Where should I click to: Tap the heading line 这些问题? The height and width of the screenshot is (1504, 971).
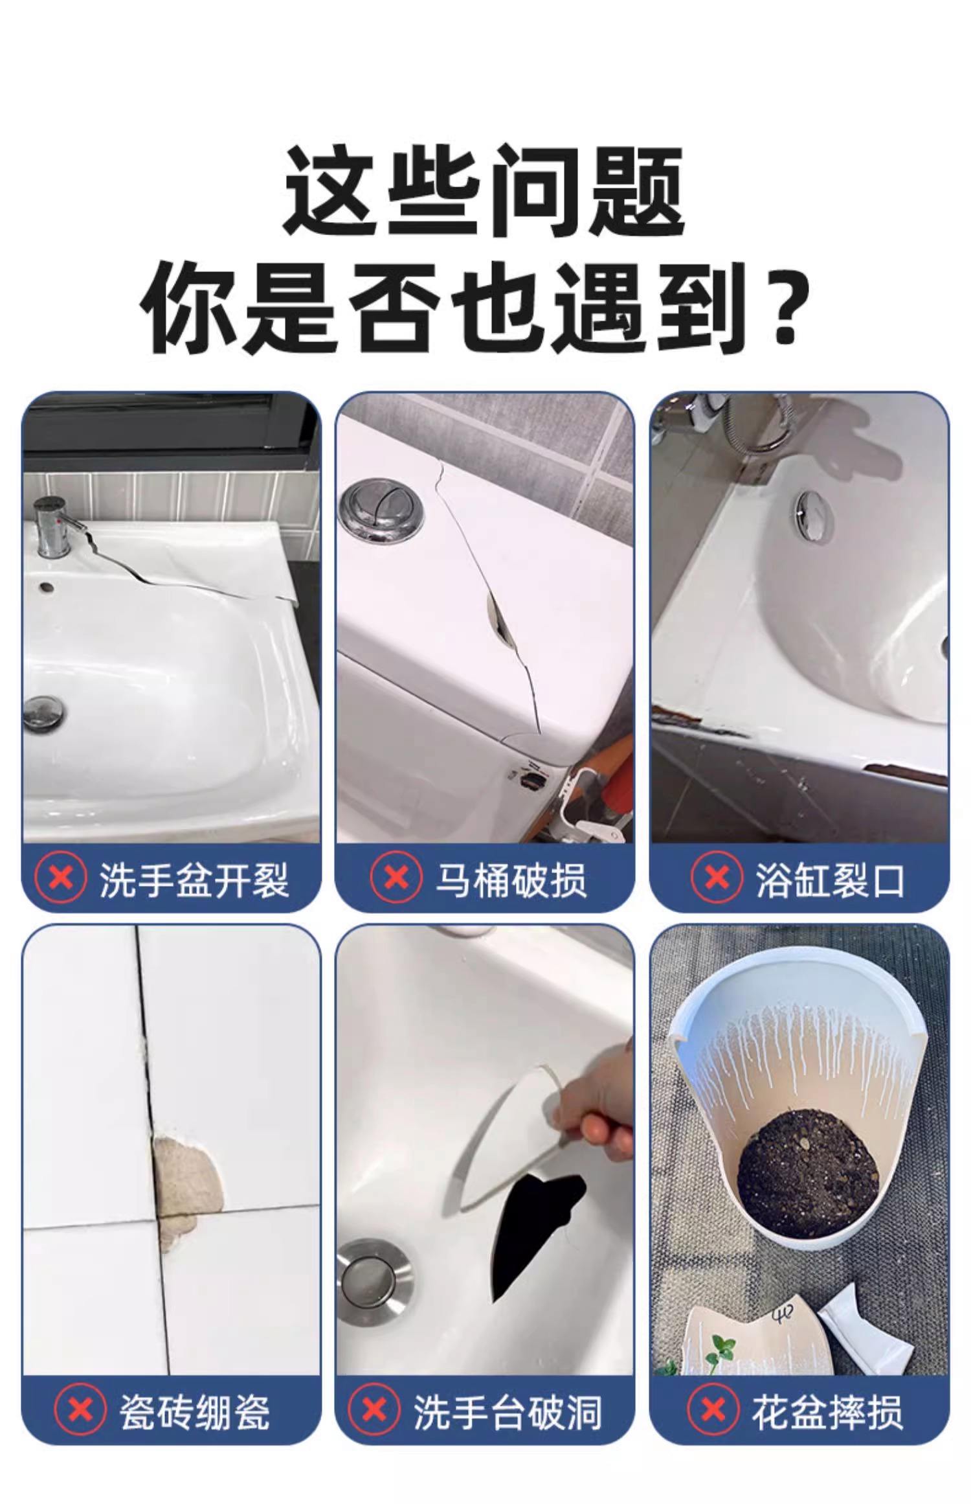pos(484,192)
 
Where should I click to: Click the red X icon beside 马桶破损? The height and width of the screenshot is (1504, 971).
pos(396,879)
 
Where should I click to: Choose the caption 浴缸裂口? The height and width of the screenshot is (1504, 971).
pos(829,880)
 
